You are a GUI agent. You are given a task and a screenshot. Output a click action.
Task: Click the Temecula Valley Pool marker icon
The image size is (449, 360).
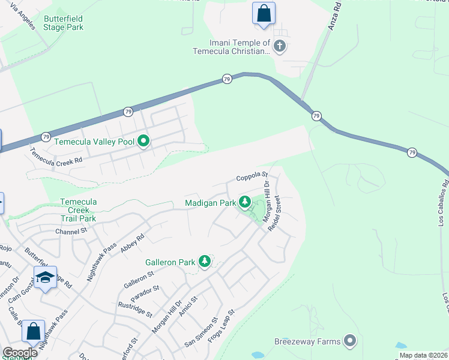[x=143, y=142]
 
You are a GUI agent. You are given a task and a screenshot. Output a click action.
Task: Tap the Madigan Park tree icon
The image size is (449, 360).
[x=244, y=202]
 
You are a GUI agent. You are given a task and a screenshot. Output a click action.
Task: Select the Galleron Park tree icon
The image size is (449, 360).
[x=205, y=262]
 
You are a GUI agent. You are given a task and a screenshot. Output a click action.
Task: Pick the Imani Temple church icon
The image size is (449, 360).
[x=279, y=46]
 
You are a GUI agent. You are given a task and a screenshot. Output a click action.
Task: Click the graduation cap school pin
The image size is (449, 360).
[x=45, y=277]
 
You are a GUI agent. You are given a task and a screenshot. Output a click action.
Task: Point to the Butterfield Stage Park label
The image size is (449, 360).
[x=63, y=23]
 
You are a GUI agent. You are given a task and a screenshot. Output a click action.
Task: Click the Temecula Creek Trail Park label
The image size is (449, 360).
[x=79, y=211]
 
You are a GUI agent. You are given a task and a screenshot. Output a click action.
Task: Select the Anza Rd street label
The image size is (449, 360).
[x=336, y=16]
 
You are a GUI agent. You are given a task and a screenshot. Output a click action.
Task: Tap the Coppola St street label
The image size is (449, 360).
[x=251, y=176]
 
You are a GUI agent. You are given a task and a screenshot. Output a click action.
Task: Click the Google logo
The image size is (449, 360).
[x=20, y=353]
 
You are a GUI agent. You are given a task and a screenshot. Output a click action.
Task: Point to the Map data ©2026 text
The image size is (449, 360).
[x=423, y=355]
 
